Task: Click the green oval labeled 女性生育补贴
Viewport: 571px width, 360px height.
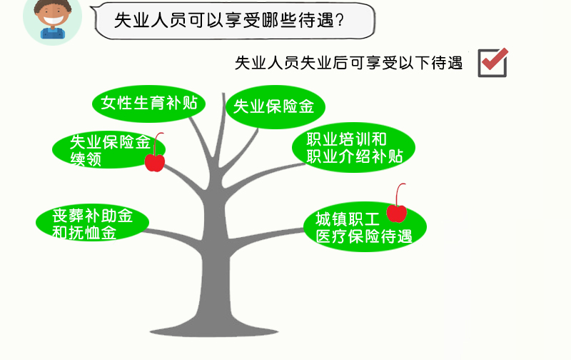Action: [148, 104]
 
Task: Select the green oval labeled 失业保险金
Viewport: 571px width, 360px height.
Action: [275, 106]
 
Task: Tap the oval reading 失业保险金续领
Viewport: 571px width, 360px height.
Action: [108, 149]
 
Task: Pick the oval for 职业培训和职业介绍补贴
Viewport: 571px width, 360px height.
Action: [353, 147]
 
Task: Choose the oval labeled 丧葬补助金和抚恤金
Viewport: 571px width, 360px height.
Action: [92, 222]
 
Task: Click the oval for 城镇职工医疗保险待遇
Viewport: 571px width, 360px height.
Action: [365, 226]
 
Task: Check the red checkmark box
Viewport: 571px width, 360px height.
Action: [492, 63]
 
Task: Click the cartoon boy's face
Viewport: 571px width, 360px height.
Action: [53, 14]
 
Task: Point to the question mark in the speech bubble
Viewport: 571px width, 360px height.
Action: [340, 20]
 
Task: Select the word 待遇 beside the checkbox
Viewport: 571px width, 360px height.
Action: [447, 63]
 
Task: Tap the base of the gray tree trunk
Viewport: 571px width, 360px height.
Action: [215, 330]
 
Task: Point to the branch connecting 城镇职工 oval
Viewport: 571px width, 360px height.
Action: [266, 237]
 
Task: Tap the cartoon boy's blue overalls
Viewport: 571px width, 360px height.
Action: [53, 33]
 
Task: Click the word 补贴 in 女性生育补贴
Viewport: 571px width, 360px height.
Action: [182, 103]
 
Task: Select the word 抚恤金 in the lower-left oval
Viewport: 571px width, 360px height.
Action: [93, 232]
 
